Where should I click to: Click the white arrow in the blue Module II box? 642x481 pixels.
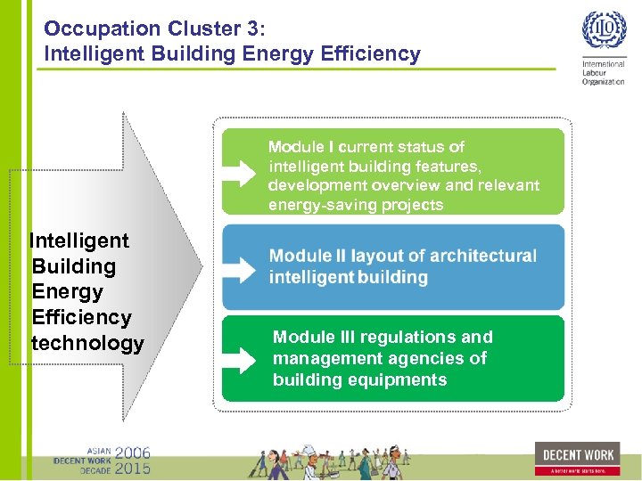pos(238,266)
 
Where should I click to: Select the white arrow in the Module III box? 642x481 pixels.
pos(238,360)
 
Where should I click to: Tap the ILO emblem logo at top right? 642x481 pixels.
pos(604,31)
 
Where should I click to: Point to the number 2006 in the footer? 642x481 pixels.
pos(132,452)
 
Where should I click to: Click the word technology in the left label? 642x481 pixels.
pos(87,344)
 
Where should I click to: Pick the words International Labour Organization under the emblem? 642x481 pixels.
pos(604,73)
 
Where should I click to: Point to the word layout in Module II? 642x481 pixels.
pos(375,256)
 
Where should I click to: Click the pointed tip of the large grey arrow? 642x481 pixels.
pos(202,265)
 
